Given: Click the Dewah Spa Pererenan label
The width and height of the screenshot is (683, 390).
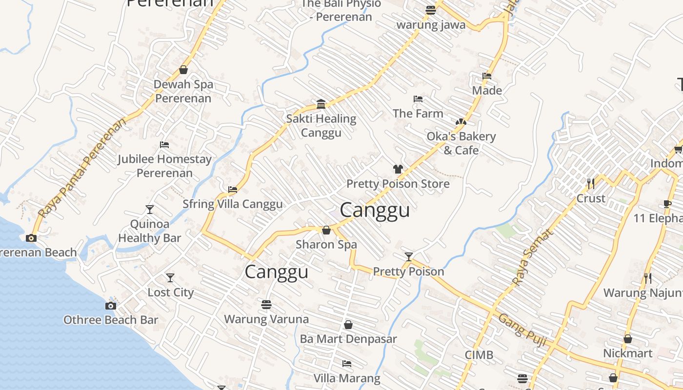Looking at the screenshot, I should [x=183, y=91].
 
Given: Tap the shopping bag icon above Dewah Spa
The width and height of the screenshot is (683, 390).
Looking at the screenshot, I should [x=183, y=70].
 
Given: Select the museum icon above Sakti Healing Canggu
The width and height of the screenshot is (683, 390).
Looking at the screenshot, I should [x=321, y=104].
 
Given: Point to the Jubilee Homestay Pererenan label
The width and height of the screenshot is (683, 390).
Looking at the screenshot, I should [x=164, y=166].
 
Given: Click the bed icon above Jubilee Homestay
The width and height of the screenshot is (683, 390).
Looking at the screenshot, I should [x=164, y=145].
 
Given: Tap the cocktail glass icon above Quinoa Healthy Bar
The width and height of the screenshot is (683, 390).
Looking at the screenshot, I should [x=150, y=210].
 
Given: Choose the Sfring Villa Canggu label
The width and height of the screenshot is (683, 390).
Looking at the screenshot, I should [x=232, y=204].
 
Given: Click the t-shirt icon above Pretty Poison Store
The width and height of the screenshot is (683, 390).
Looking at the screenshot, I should [x=398, y=169].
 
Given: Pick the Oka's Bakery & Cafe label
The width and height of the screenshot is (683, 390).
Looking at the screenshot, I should [x=461, y=143].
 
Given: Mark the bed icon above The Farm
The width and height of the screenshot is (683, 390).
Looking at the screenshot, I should [x=418, y=99].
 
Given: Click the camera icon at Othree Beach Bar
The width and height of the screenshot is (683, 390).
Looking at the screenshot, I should [x=111, y=306].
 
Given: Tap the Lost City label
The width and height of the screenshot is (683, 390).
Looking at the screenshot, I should [x=171, y=292].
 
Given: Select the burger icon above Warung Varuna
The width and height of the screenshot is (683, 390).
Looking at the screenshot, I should [x=266, y=305].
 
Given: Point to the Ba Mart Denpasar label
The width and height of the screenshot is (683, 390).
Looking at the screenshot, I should [x=348, y=339].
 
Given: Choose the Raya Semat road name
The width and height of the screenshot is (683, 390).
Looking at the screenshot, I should [x=534, y=257].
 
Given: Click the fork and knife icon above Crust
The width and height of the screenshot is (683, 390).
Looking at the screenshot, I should [x=591, y=184].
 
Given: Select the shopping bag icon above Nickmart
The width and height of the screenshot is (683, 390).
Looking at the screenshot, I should [x=628, y=338].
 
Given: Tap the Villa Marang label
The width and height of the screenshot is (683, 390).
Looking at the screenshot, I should [x=346, y=378].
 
